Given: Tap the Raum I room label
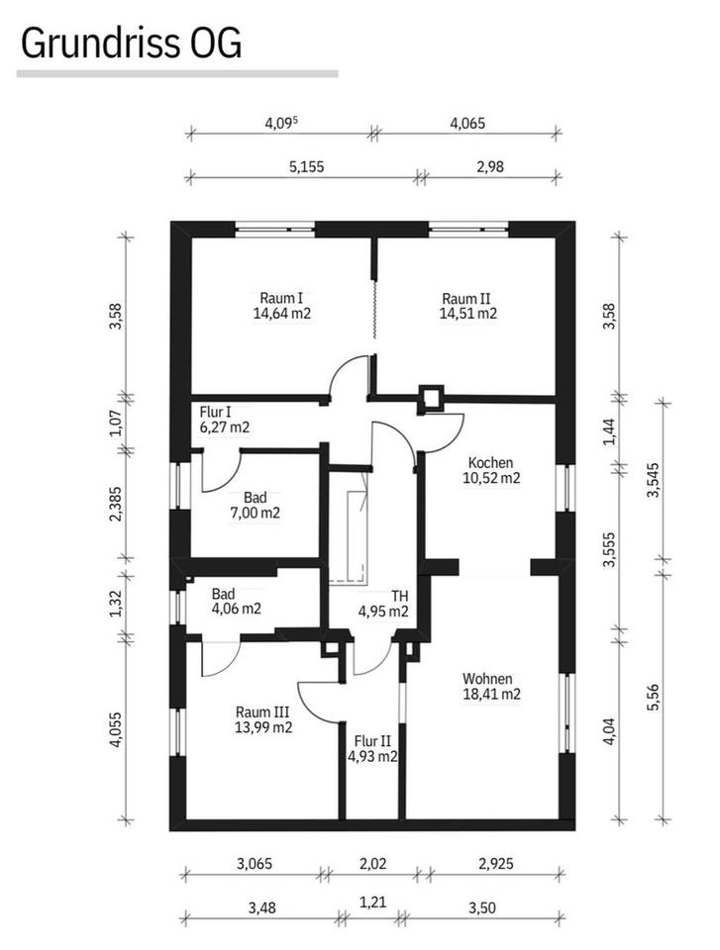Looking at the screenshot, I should click(x=280, y=298).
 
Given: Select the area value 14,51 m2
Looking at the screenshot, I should click(x=467, y=314).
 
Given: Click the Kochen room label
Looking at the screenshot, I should click(x=490, y=461).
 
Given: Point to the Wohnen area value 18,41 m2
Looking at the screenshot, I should click(x=491, y=695).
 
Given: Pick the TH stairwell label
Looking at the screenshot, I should click(x=399, y=596).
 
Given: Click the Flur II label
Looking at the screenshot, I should click(x=372, y=740).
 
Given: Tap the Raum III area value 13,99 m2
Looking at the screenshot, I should click(x=263, y=727).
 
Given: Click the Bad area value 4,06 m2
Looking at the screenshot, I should click(x=236, y=610).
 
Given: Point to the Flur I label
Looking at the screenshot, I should click(x=216, y=412).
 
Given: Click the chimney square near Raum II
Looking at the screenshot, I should click(x=432, y=397).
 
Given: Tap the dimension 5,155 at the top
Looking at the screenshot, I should click(x=306, y=167).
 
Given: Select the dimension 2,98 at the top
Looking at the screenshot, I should click(x=490, y=167).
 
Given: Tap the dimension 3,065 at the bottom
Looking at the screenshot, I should click(x=253, y=864).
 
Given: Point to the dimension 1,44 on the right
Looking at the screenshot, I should click(x=609, y=432).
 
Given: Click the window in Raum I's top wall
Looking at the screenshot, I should click(x=275, y=229).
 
